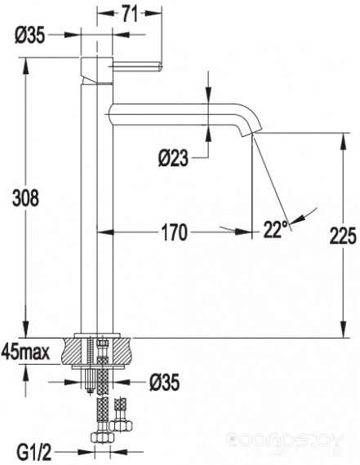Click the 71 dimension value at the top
point(130,14)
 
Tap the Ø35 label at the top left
point(29,36)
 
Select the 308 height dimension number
point(25,198)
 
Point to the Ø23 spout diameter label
point(173,158)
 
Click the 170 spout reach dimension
point(174,232)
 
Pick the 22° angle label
point(275,229)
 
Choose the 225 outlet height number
point(342,236)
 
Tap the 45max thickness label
point(25,352)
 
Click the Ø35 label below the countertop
point(164,383)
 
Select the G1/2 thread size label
point(34,453)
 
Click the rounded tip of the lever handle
point(159,66)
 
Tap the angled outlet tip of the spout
point(251,132)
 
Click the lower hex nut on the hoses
point(102,437)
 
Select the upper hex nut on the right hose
point(121,426)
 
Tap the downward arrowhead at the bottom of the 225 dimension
point(344,330)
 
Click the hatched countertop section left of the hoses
point(73,351)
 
